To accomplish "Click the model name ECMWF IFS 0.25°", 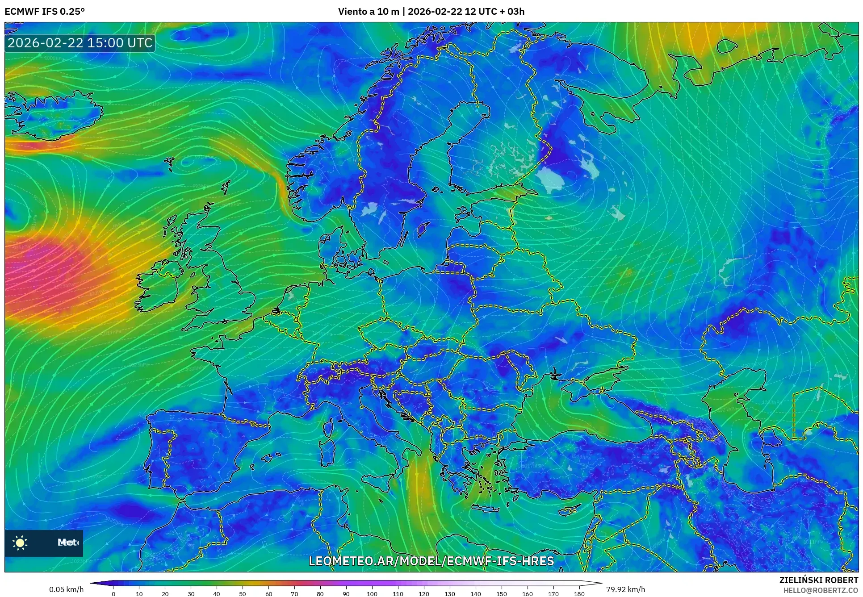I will point(45,11).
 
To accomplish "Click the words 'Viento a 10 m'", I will point(369,11).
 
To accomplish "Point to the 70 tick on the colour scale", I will point(294,594).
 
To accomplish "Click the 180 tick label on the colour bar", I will point(579,594).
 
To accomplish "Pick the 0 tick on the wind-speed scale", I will point(113,594).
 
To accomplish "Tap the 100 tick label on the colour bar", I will point(372,594).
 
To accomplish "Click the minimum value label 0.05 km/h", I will point(66,589).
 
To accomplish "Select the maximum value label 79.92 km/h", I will point(625,589).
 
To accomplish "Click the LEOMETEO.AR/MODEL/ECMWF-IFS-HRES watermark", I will point(431,561).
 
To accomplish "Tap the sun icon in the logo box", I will point(20,543).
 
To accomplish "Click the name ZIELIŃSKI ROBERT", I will point(819,580).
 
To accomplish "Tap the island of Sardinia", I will point(328,451).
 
